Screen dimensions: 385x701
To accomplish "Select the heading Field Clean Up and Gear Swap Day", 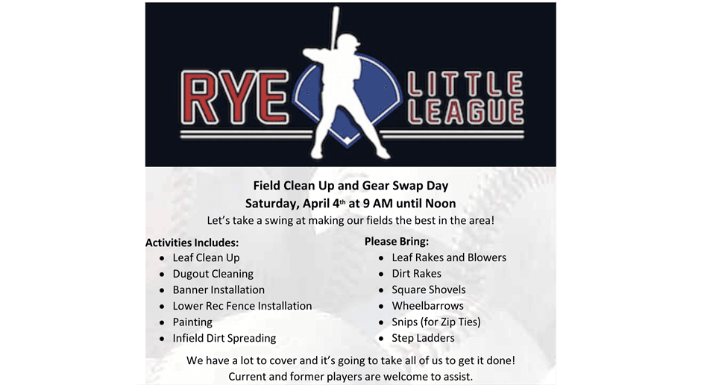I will pos(350,186).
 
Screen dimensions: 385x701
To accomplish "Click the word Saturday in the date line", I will pos(271,203).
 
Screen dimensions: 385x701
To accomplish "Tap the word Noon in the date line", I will pos(438,203).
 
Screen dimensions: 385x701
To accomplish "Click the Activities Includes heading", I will pos(192,242).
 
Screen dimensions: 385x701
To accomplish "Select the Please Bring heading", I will pos(397,241).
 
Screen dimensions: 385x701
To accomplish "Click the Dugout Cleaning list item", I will pos(213,274).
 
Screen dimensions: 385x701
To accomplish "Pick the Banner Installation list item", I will pos(219,289).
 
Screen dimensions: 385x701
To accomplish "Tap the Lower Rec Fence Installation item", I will pos(242,306).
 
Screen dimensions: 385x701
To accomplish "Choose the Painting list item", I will pos(192,322).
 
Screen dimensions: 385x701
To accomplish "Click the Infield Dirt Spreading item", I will pos(224,338).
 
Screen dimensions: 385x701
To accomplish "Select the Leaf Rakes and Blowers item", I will pos(449,257).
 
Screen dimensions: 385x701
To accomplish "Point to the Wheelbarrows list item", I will pos(427,306).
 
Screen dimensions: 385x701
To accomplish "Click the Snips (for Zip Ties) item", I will pos(436,322).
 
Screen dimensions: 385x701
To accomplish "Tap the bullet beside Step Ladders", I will pos(381,339).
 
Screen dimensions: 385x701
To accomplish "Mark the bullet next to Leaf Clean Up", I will pos(162,258).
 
